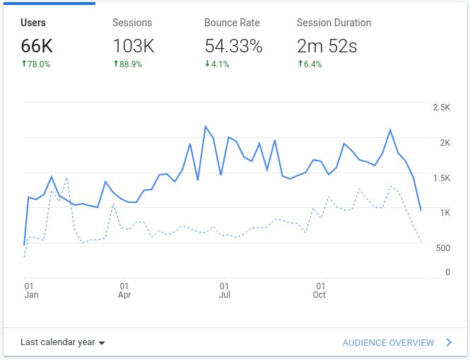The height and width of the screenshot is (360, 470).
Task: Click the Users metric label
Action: coord(33,23)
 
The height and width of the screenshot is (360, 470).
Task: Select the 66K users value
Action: coord(37,47)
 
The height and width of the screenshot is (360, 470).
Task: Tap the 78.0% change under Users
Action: coord(36,64)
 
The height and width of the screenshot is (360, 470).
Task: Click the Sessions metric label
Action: coord(132,23)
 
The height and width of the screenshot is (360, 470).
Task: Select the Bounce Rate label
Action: coord(233,23)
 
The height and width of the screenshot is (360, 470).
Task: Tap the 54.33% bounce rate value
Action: coord(233,47)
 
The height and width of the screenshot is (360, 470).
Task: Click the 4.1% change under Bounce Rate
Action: coord(218,64)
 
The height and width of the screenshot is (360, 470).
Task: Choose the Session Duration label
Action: coord(334,23)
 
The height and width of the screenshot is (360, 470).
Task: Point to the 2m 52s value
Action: coord(327,47)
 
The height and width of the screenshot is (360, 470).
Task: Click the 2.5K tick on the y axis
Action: coord(441,108)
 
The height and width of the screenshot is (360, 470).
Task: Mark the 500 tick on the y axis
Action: coord(443,248)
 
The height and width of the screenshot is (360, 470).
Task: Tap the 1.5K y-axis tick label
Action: coord(441,178)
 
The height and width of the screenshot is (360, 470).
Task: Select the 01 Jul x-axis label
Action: coord(224,291)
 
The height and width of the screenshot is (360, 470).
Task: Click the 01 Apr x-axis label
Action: coord(124,291)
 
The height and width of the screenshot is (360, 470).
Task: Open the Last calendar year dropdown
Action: coord(62,342)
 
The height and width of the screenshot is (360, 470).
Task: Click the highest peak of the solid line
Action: coord(206,127)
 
